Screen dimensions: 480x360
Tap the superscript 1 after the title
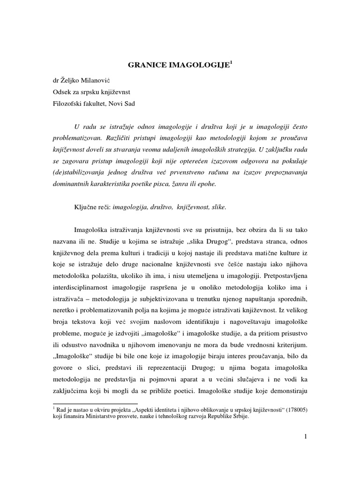[x=231, y=63]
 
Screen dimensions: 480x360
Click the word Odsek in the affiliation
[x=63, y=91]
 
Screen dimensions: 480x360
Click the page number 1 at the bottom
[x=305, y=437]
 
